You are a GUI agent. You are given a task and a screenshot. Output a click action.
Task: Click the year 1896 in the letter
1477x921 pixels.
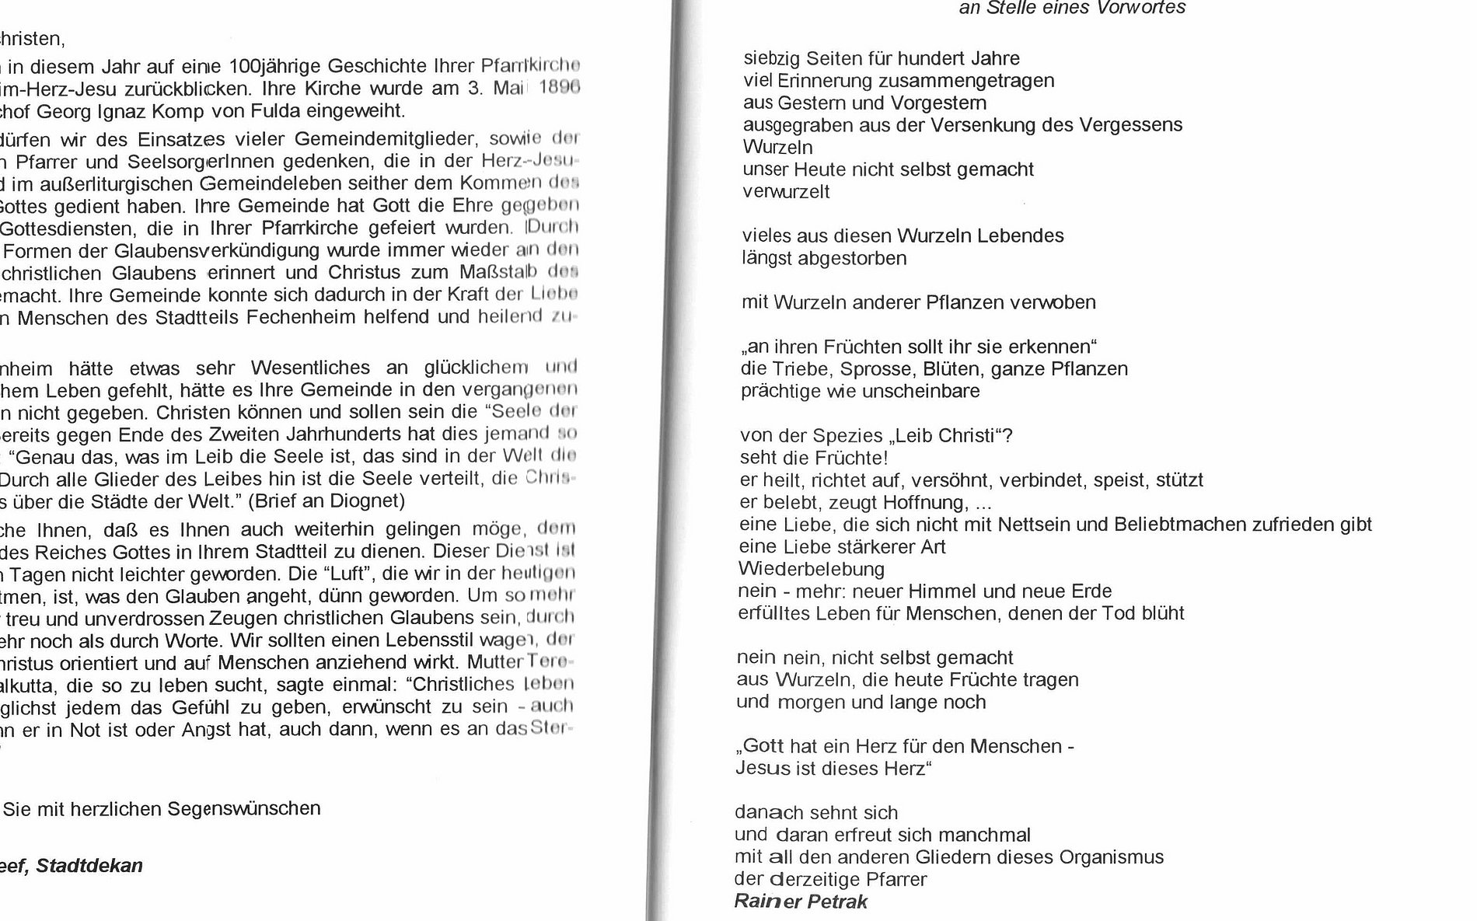pyautogui.click(x=559, y=87)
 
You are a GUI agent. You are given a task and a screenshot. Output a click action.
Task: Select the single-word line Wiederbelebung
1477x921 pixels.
pyautogui.click(x=812, y=569)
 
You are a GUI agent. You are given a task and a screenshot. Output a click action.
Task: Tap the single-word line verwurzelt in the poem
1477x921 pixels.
pyautogui.click(x=787, y=191)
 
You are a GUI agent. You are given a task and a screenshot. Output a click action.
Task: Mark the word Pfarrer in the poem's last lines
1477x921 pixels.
pyautogui.click(x=897, y=880)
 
